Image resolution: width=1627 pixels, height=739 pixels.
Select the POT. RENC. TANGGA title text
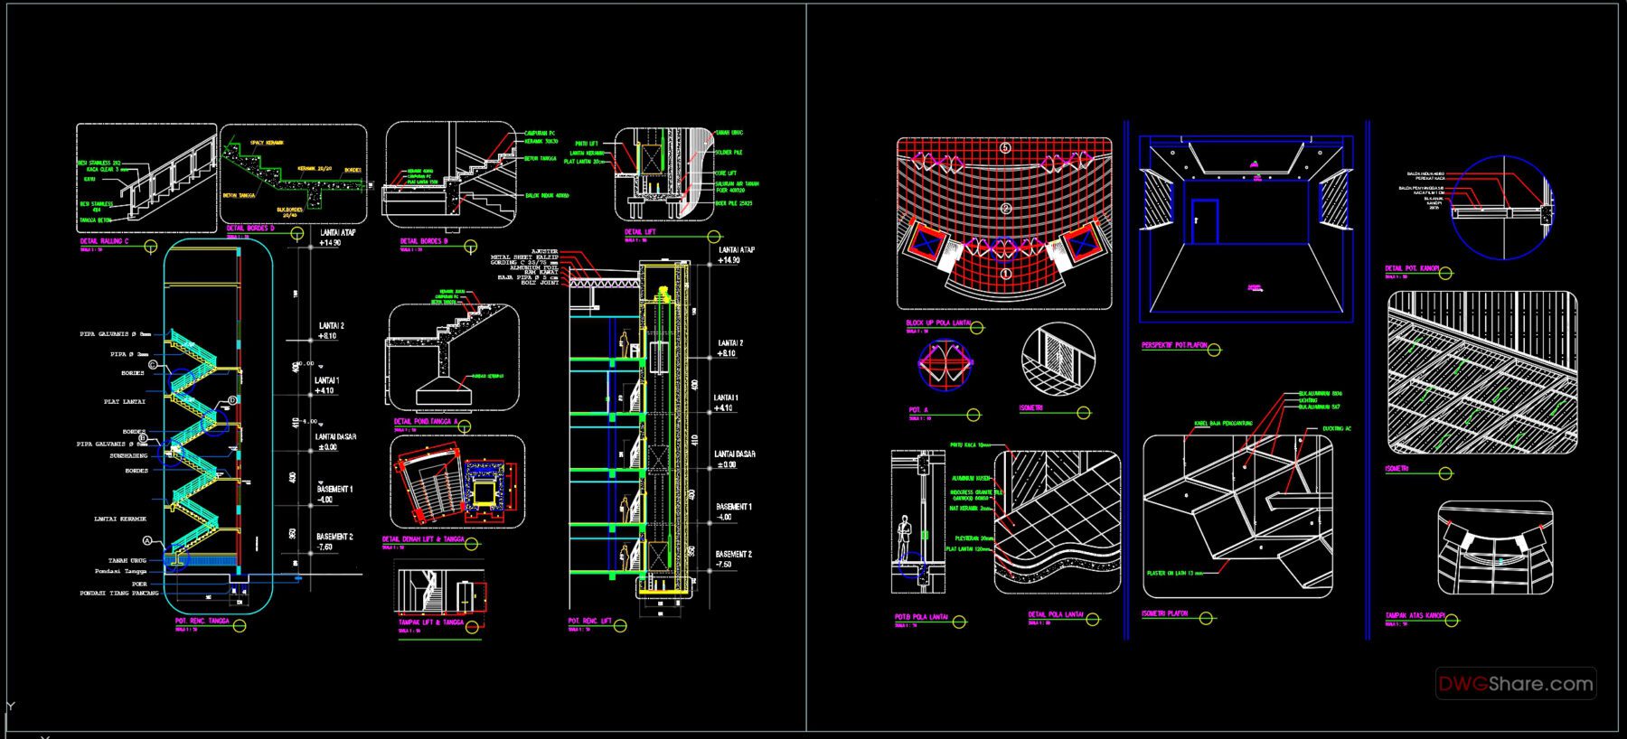(x=202, y=622)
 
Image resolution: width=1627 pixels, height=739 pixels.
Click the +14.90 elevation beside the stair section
(x=329, y=243)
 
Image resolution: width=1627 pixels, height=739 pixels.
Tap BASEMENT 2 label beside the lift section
(x=733, y=554)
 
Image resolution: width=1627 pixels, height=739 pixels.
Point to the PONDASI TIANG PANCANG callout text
(x=119, y=594)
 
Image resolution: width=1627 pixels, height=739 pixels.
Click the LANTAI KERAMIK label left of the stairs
(x=120, y=519)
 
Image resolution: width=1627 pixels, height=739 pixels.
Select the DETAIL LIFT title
(x=640, y=232)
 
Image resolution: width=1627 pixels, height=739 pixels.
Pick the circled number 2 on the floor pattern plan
(x=1005, y=209)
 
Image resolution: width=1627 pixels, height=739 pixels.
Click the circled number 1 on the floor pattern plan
(x=1005, y=273)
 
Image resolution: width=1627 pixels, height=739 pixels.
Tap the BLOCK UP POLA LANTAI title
(x=938, y=323)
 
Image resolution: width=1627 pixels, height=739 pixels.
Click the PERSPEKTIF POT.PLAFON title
(x=1174, y=345)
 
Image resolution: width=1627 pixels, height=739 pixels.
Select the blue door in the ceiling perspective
(x=1204, y=221)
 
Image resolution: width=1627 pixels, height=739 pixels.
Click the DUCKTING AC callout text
(x=1336, y=428)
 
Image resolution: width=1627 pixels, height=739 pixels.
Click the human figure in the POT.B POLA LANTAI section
(x=903, y=539)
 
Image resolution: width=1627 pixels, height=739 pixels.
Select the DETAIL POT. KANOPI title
(x=1412, y=268)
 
